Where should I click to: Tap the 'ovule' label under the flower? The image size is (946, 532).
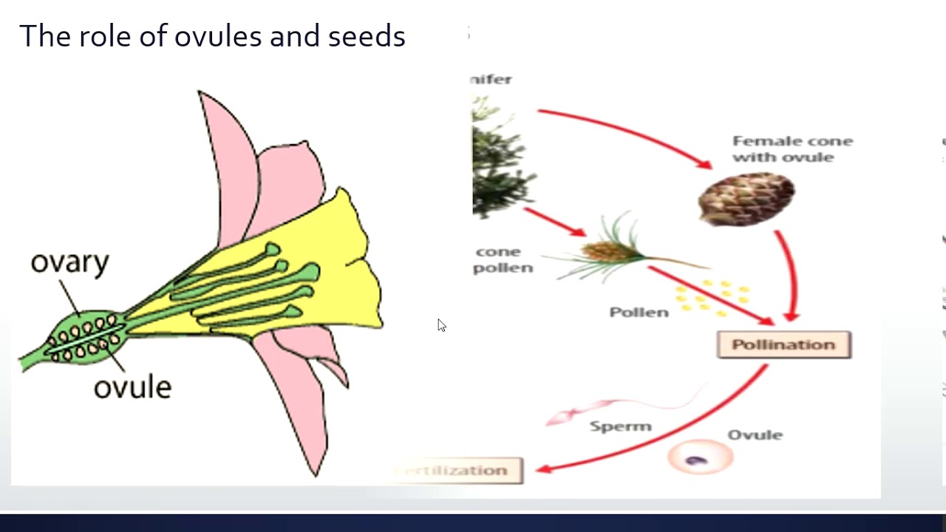(x=132, y=386)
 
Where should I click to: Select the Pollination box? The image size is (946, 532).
(x=783, y=345)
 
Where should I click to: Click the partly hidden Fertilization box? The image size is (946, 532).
(x=458, y=471)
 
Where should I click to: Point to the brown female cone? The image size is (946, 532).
(x=746, y=198)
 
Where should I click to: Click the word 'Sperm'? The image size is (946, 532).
(x=620, y=426)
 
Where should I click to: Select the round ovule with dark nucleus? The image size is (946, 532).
(x=699, y=458)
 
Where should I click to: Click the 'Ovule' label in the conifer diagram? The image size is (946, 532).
(x=755, y=434)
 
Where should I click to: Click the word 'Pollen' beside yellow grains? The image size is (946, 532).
(x=639, y=313)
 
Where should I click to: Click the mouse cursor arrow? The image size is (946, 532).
(x=441, y=325)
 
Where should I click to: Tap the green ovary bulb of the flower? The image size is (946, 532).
(x=85, y=338)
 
